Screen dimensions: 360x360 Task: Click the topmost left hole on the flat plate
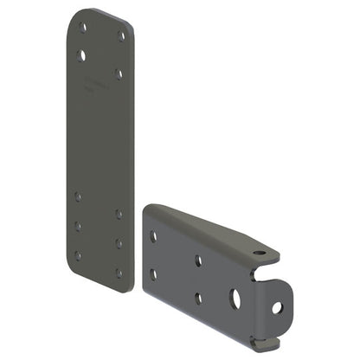83,28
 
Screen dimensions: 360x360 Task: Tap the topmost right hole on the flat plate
120,35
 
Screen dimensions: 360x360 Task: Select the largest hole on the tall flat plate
82,55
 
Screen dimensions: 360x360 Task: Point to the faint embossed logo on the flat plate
96,87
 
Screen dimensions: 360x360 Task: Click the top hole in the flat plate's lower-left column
79,196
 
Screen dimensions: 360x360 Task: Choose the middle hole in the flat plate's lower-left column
78,226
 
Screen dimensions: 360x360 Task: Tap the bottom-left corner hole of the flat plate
78,255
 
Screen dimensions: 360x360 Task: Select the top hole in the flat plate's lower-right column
119,214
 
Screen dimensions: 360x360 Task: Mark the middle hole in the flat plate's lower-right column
119,243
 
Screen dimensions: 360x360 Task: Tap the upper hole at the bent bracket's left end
153,235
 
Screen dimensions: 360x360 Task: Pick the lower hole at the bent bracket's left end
154,273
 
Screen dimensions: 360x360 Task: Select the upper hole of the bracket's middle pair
198,260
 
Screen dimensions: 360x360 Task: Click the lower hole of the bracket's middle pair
198,299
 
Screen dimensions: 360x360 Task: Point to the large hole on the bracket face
235,300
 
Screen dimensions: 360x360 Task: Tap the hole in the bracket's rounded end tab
277,307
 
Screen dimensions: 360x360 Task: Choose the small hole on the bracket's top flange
258,254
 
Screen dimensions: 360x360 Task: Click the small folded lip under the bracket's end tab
263,344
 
